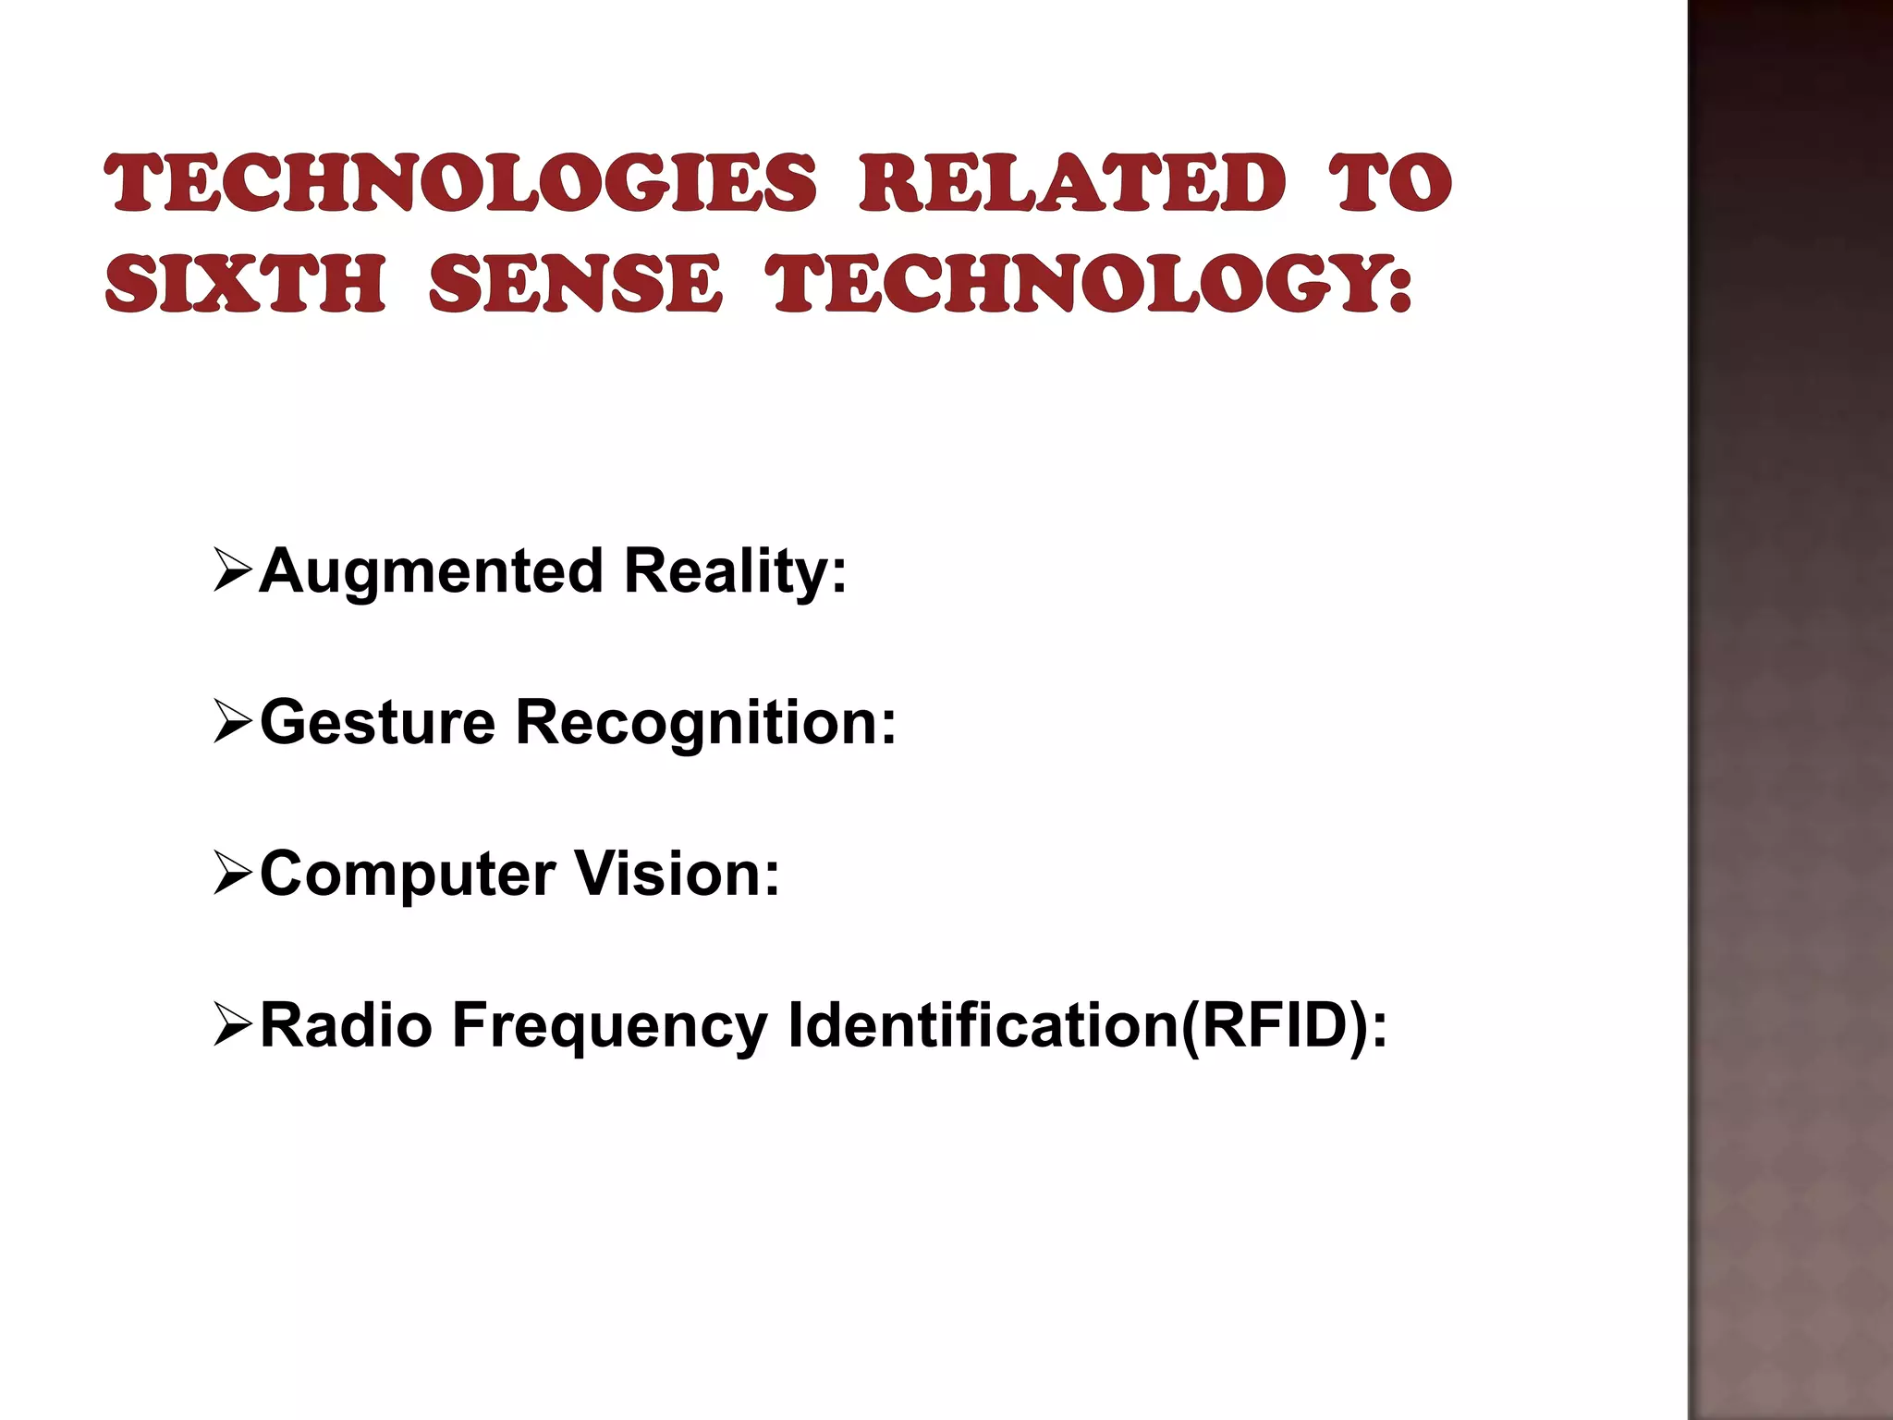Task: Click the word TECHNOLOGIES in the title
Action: coord(460,182)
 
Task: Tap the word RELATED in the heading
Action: coord(1072,182)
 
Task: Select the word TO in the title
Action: coord(1390,182)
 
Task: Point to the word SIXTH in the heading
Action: coord(245,283)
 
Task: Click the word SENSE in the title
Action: coord(575,283)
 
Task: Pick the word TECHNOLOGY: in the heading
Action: coord(1089,283)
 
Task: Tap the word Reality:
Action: coord(735,572)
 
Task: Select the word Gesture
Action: coord(377,723)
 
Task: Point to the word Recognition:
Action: coord(705,723)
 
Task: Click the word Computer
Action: coord(408,875)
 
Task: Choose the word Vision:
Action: coord(677,875)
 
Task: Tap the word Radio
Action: coord(346,1025)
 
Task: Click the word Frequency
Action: coord(609,1027)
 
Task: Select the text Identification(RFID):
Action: coord(1087,1025)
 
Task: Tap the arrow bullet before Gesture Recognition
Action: coord(232,721)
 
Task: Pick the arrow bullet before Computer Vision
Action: coord(232,873)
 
